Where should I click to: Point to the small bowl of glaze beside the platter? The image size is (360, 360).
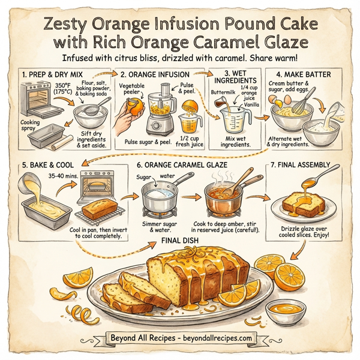(281, 312)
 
